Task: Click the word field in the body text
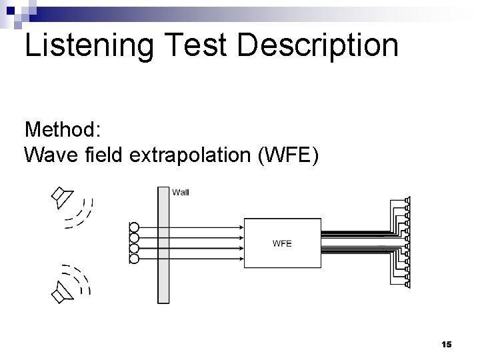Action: click(106, 155)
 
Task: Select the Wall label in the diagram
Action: click(181, 193)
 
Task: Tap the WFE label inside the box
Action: click(282, 243)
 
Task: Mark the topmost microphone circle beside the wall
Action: click(134, 227)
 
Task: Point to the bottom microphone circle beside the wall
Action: click(134, 258)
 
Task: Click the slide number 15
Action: click(447, 344)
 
